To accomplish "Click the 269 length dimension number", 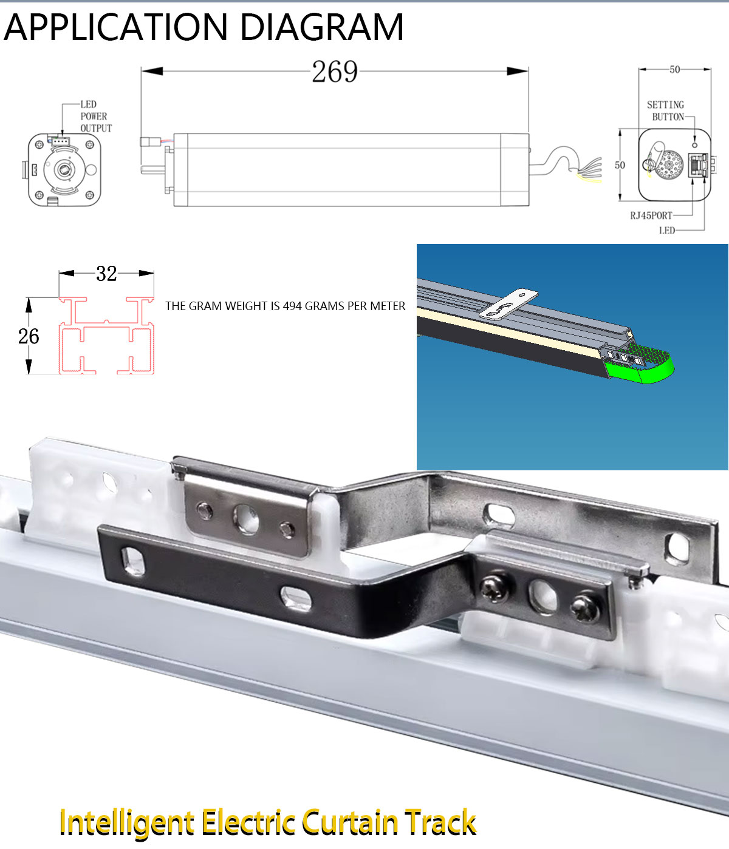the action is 335,72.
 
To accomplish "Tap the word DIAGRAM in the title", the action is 321,27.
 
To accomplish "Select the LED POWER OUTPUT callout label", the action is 95,117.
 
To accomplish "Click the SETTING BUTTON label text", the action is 666,111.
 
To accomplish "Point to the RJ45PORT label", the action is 651,215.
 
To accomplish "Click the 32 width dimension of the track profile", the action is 106,274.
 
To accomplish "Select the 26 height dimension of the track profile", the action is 29,336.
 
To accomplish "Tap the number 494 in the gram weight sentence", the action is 292,306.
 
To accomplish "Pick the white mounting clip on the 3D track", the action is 508,304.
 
